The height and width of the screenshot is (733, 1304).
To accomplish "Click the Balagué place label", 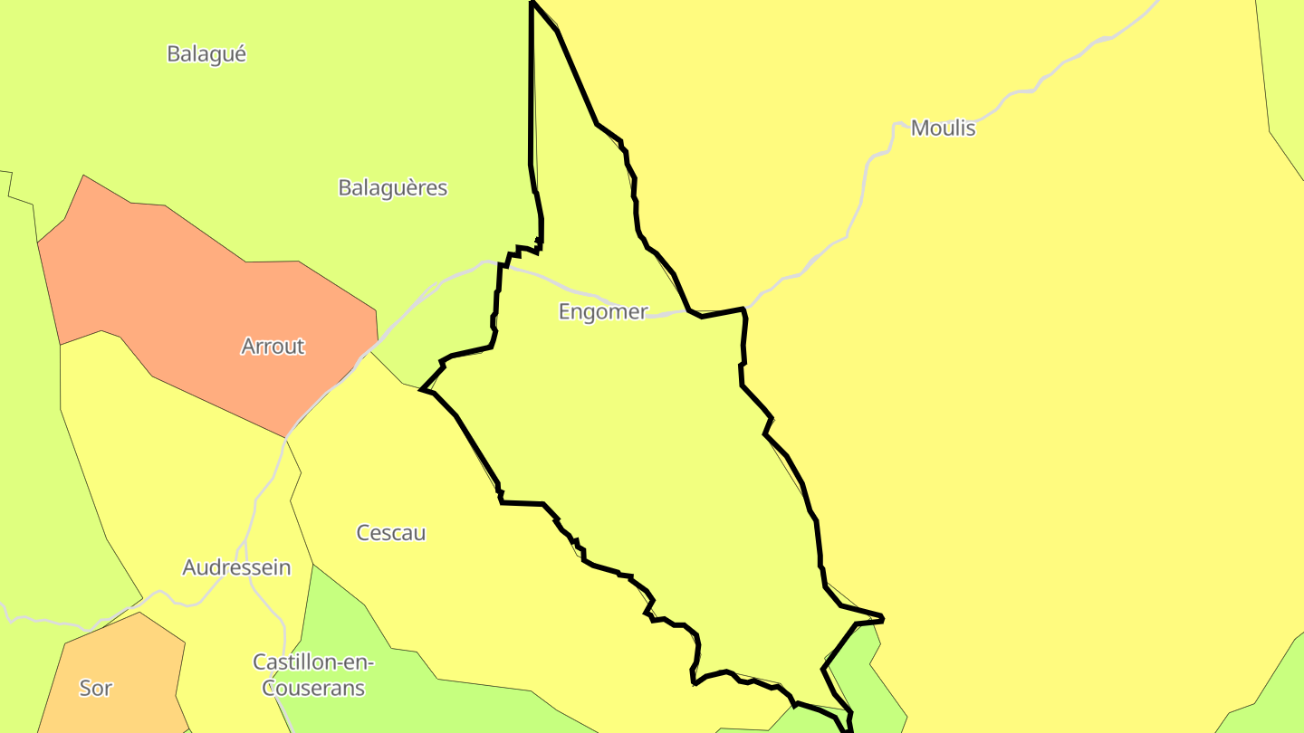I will (x=206, y=54).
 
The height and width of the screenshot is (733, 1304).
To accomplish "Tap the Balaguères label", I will (x=392, y=188).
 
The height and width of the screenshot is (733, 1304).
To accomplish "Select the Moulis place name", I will (x=943, y=128).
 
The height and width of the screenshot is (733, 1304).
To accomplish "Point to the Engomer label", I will (x=603, y=312).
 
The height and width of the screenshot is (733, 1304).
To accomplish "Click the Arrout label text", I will (x=273, y=347).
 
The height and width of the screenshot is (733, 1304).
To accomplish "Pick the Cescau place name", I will (x=390, y=533).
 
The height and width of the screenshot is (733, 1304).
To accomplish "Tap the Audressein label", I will (x=236, y=567).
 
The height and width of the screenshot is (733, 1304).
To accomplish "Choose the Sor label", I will (x=95, y=688).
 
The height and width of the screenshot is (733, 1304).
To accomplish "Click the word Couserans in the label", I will (x=313, y=689).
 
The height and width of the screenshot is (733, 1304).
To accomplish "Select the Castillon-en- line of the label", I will (x=313, y=662).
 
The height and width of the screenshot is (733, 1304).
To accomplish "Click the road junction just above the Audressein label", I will (x=245, y=542).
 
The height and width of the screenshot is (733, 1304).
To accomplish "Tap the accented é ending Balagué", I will (x=239, y=54).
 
